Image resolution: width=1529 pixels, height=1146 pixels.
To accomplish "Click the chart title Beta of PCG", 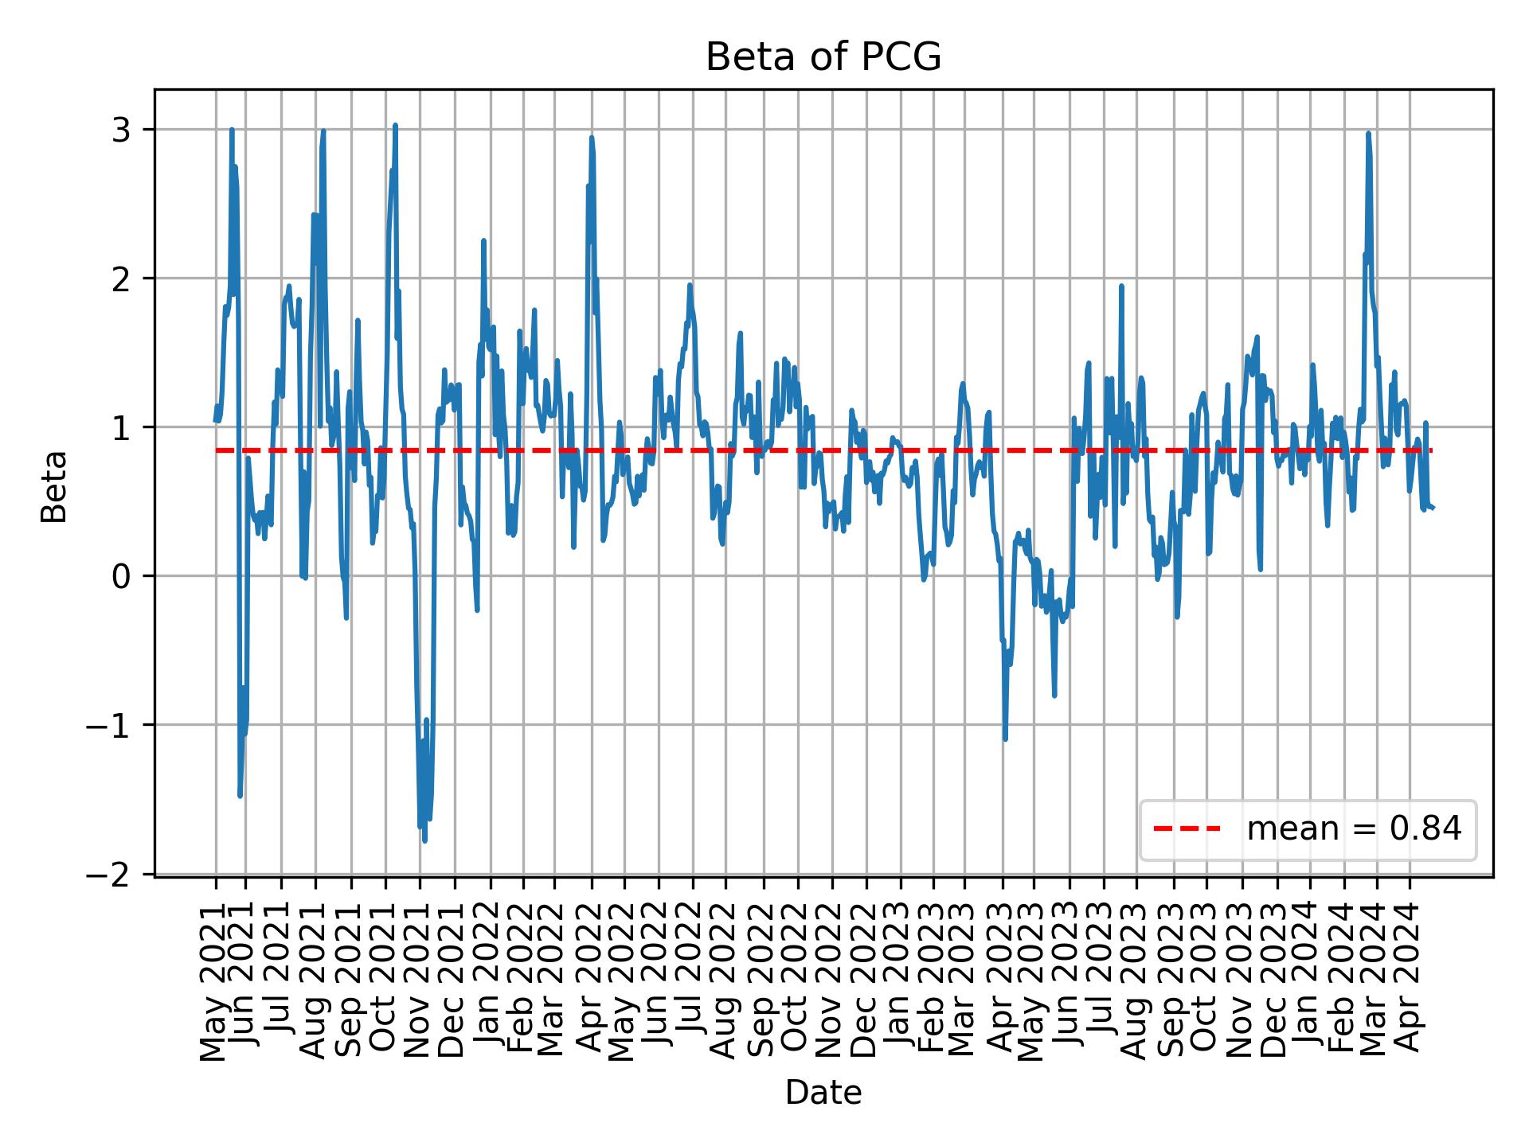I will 823,57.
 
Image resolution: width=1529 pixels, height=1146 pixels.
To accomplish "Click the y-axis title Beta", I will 54,486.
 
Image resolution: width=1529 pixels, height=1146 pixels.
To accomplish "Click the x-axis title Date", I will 823,1093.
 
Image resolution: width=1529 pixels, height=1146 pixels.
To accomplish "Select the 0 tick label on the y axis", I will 121,576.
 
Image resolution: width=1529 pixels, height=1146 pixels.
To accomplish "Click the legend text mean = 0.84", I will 1354,829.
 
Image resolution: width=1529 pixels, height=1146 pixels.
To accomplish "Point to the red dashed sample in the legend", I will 1187,829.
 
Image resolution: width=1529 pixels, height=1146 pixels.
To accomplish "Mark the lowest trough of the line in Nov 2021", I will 424,840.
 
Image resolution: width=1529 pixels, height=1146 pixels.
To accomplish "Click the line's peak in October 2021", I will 395,126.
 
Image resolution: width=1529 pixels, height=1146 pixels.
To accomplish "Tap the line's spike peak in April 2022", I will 591,138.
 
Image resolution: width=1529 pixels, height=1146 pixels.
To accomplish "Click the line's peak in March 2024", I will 1368,134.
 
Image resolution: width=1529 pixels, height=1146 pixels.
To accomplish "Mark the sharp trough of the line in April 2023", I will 1005,739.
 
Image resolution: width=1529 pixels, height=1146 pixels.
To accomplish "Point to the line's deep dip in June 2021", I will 240,795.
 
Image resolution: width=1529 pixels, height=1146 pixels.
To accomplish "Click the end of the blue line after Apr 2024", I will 1433,508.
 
